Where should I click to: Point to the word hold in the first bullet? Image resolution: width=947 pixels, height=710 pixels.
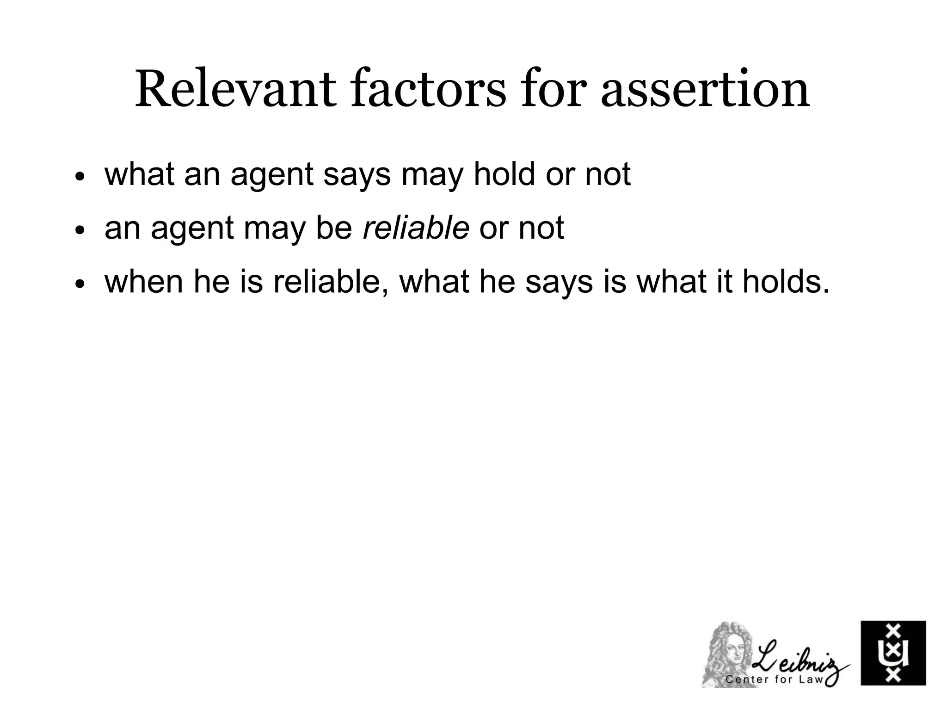pos(505,174)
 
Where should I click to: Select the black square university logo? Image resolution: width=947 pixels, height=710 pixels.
pos(893,653)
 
